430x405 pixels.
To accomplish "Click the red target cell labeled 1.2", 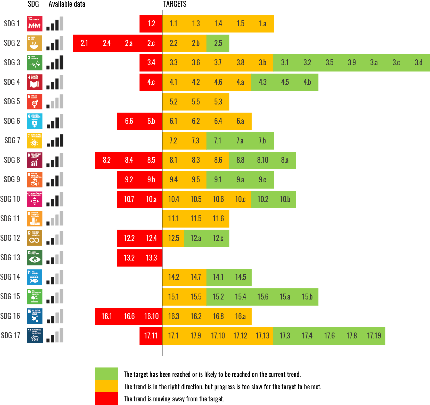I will click(151, 24).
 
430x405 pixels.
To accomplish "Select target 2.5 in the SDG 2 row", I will click(218, 43).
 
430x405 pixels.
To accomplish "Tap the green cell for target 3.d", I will click(418, 63).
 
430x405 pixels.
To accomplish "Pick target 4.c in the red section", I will click(151, 82).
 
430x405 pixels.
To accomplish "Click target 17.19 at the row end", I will click(374, 336).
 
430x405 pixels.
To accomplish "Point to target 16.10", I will click(151, 316).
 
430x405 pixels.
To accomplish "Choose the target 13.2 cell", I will click(129, 258).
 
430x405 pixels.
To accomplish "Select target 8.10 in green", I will click(262, 160).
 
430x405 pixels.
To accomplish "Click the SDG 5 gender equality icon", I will click(35, 102).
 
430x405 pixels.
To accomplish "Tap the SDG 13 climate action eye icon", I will click(35, 257).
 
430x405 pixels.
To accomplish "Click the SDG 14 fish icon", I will click(35, 277).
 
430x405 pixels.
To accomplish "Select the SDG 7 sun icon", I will click(35, 141).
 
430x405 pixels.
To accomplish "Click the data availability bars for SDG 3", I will click(55, 63).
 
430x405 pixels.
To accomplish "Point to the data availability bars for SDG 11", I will click(55, 218).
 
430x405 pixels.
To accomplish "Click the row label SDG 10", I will click(10, 199).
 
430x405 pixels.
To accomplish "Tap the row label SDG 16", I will click(10, 316).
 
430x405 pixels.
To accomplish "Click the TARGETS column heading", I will click(175, 4).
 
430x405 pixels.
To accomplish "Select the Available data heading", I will click(67, 4).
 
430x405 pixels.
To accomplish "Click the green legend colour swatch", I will click(106, 374).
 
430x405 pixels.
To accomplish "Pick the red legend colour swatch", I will click(106, 398).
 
